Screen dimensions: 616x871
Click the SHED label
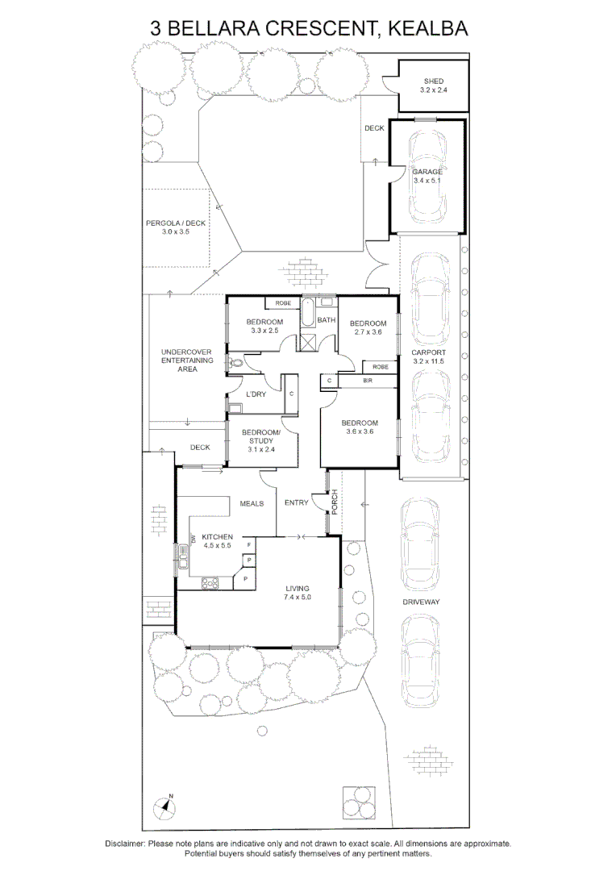[x=433, y=81]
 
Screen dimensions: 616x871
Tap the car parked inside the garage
[x=427, y=177]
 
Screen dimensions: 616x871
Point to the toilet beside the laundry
[x=235, y=363]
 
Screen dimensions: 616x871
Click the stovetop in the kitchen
[x=210, y=583]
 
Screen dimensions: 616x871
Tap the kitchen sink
[x=182, y=556]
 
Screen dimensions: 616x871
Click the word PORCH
[x=335, y=502]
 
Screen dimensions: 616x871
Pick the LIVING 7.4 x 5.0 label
[x=298, y=593]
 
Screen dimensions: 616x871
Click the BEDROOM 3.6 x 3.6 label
[x=360, y=427]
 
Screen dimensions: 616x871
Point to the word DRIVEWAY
[x=421, y=602]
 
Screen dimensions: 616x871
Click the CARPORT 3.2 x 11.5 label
[x=428, y=356]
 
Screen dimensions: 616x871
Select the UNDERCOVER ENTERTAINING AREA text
[x=187, y=360]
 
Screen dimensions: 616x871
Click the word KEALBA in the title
[x=427, y=28]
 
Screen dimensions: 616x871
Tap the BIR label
[x=368, y=381]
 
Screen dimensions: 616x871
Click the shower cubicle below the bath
[x=306, y=341]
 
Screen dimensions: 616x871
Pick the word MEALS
[x=252, y=503]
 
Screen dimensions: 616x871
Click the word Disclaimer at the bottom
[x=125, y=844]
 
